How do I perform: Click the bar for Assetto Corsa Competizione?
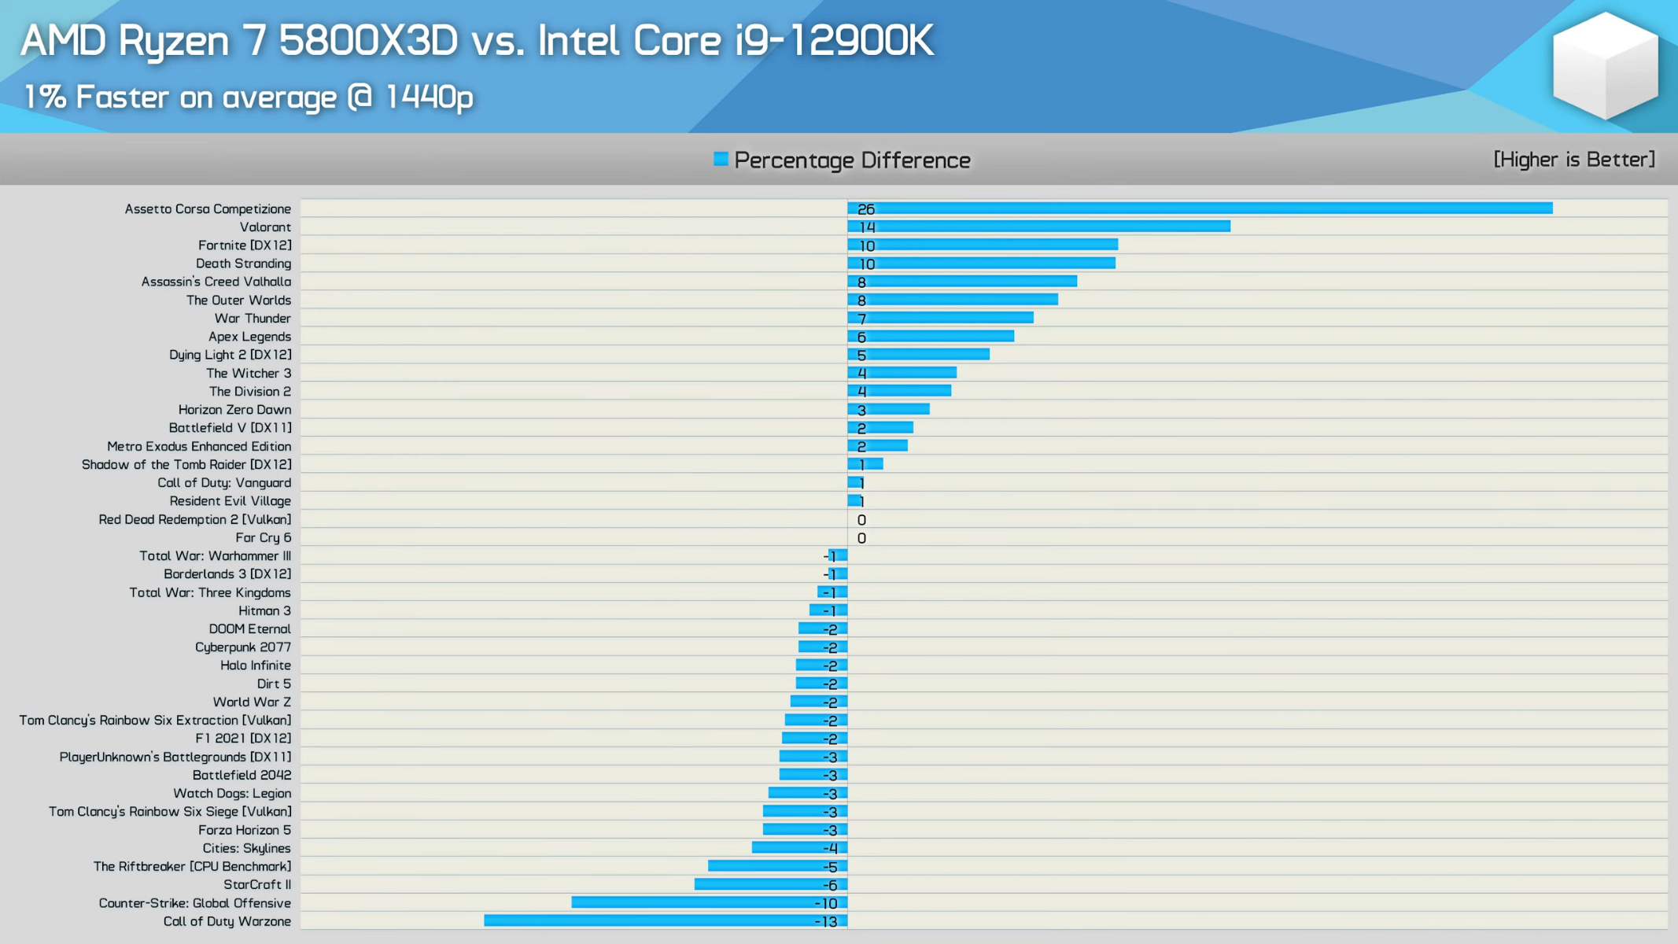click(1200, 208)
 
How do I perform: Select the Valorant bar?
click(1038, 227)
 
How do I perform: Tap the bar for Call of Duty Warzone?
click(666, 920)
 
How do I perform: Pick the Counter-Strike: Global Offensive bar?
click(710, 902)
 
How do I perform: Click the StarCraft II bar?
click(771, 884)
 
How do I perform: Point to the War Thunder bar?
click(940, 318)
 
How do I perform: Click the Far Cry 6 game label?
click(263, 538)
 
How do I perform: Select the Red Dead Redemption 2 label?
click(194, 520)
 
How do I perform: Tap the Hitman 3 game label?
click(264, 611)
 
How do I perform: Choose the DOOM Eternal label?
click(249, 629)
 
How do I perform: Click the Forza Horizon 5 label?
click(244, 830)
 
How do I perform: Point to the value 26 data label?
click(865, 209)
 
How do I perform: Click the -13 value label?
click(826, 921)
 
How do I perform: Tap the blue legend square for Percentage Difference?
click(721, 160)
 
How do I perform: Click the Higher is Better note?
click(1574, 160)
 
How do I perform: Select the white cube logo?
click(1605, 66)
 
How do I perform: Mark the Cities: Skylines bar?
click(799, 848)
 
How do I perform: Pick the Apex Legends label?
click(249, 337)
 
